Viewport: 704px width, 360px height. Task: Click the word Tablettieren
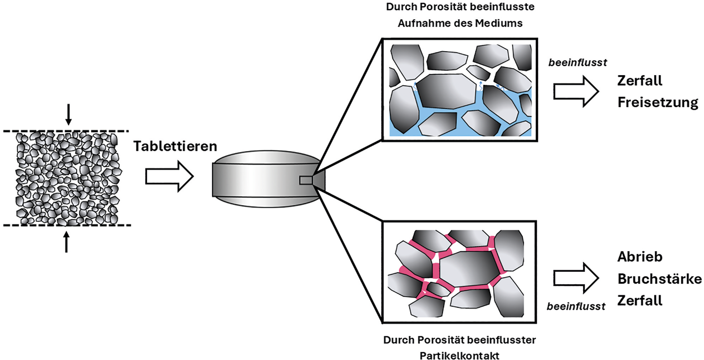pyautogui.click(x=175, y=146)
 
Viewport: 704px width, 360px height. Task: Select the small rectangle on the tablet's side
pyautogui.click(x=306, y=180)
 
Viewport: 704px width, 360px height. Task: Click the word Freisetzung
pyautogui.click(x=658, y=102)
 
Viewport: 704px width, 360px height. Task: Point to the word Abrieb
pyautogui.click(x=640, y=257)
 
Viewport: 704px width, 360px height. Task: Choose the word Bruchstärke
pyautogui.click(x=660, y=279)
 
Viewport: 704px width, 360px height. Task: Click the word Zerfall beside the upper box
pyautogui.click(x=640, y=81)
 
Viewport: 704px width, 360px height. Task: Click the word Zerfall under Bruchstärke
pyautogui.click(x=640, y=301)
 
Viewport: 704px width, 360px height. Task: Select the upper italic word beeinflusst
pyautogui.click(x=578, y=63)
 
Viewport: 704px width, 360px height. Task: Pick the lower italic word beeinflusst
pyautogui.click(x=576, y=306)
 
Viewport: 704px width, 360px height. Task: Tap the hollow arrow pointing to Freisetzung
pyautogui.click(x=576, y=92)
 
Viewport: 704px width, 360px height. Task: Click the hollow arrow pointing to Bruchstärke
pyautogui.click(x=576, y=278)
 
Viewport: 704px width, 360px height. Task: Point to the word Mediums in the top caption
pyautogui.click(x=499, y=23)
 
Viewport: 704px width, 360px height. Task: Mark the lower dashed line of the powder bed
pyautogui.click(x=67, y=225)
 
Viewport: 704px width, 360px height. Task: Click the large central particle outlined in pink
pyautogui.click(x=469, y=269)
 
